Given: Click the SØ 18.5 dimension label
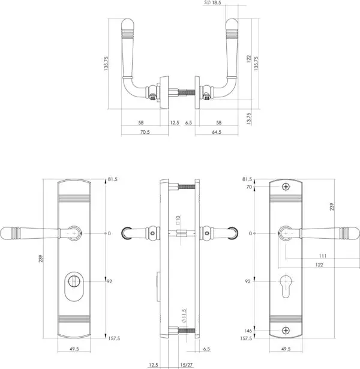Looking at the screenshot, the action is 212,2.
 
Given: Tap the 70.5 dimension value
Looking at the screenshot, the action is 145,132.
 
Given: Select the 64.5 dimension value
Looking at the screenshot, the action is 217,132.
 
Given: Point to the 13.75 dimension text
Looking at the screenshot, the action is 249,118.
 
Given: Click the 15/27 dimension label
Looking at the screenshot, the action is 187,365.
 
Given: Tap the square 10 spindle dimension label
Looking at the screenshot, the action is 178,220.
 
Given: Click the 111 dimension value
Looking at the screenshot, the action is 323,256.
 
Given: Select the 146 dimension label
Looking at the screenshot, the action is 248,331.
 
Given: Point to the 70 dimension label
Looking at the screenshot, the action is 249,187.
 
